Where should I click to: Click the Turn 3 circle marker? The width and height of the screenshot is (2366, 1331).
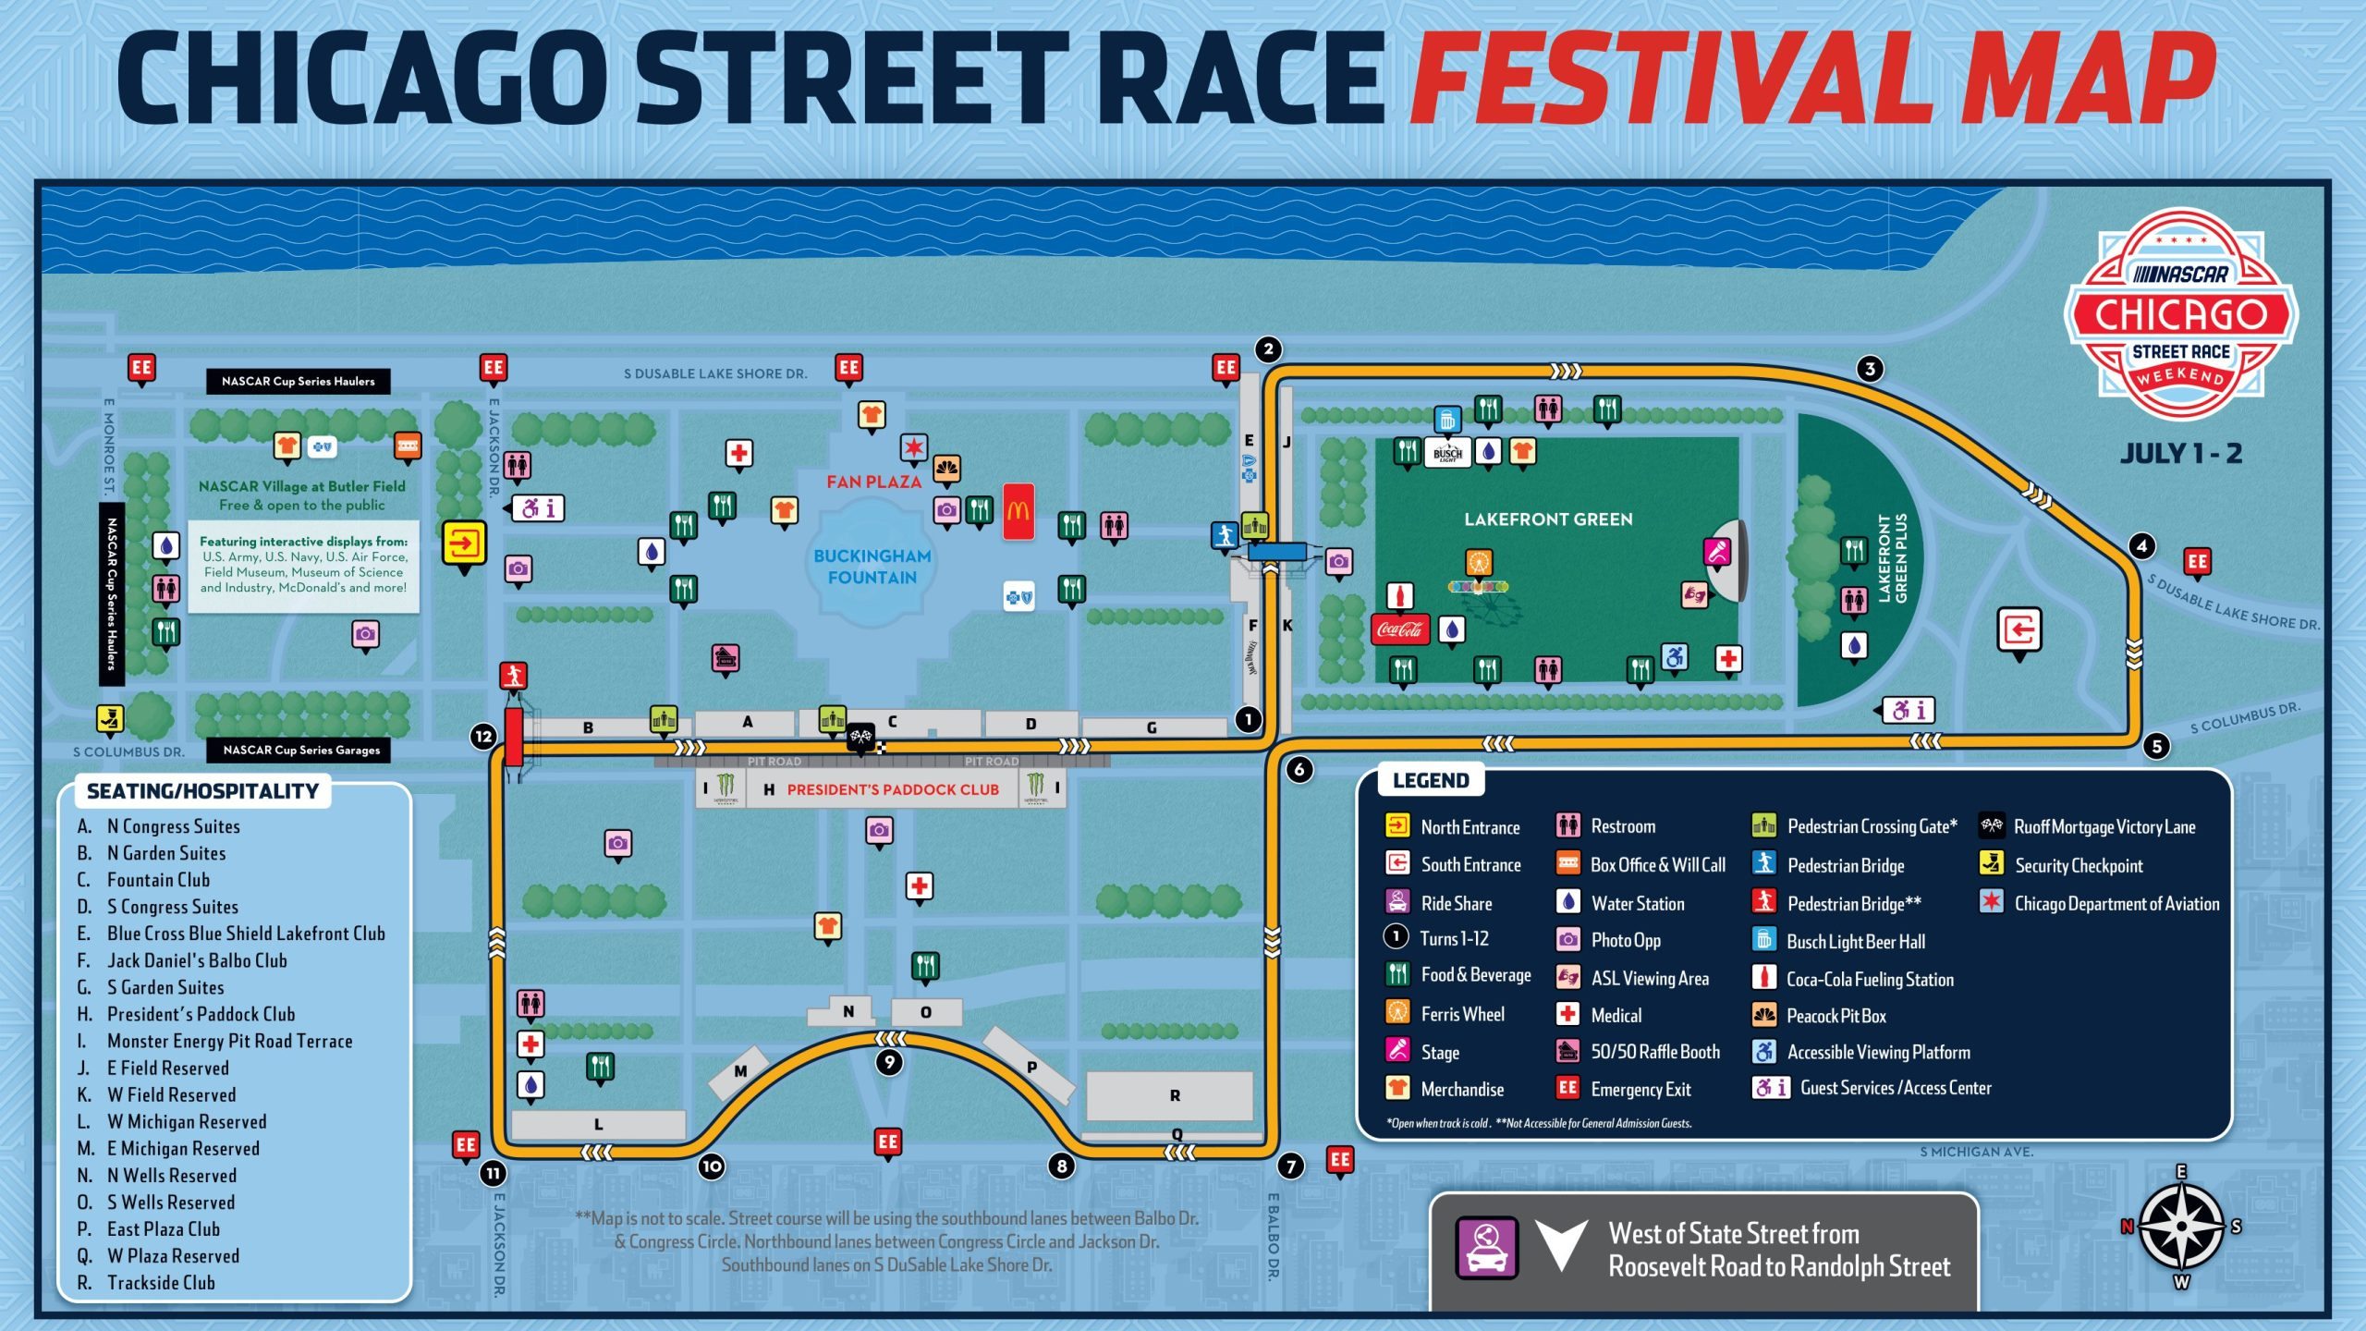pyautogui.click(x=1869, y=369)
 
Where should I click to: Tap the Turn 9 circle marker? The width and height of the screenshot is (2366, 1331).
pyautogui.click(x=889, y=1062)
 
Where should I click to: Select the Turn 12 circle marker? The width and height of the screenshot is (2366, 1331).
pyautogui.click(x=483, y=736)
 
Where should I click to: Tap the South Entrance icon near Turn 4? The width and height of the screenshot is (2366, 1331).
pyautogui.click(x=2018, y=630)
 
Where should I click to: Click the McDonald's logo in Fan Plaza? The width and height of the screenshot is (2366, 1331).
pyautogui.click(x=1018, y=510)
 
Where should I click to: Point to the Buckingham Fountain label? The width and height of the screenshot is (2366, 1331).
pyautogui.click(x=872, y=567)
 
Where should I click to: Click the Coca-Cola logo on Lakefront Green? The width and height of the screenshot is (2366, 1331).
pyautogui.click(x=1399, y=629)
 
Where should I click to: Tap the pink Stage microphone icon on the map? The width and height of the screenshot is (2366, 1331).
pyautogui.click(x=1716, y=552)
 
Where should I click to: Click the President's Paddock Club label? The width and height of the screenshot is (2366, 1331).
pyautogui.click(x=892, y=789)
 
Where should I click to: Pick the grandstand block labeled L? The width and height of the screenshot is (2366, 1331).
pyautogui.click(x=598, y=1124)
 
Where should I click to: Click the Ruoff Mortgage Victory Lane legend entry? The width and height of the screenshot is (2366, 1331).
pyautogui.click(x=2103, y=826)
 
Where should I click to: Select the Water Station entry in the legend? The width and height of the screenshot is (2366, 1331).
pyautogui.click(x=1637, y=903)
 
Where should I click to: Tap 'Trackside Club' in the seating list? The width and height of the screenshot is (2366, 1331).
pyautogui.click(x=161, y=1282)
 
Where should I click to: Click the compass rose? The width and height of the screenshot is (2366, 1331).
pyautogui.click(x=2180, y=1227)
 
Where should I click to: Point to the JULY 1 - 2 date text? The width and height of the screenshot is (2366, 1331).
pyautogui.click(x=2180, y=453)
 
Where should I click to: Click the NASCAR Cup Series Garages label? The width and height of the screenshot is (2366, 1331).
pyautogui.click(x=301, y=750)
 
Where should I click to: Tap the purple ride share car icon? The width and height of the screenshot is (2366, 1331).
pyautogui.click(x=1486, y=1248)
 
